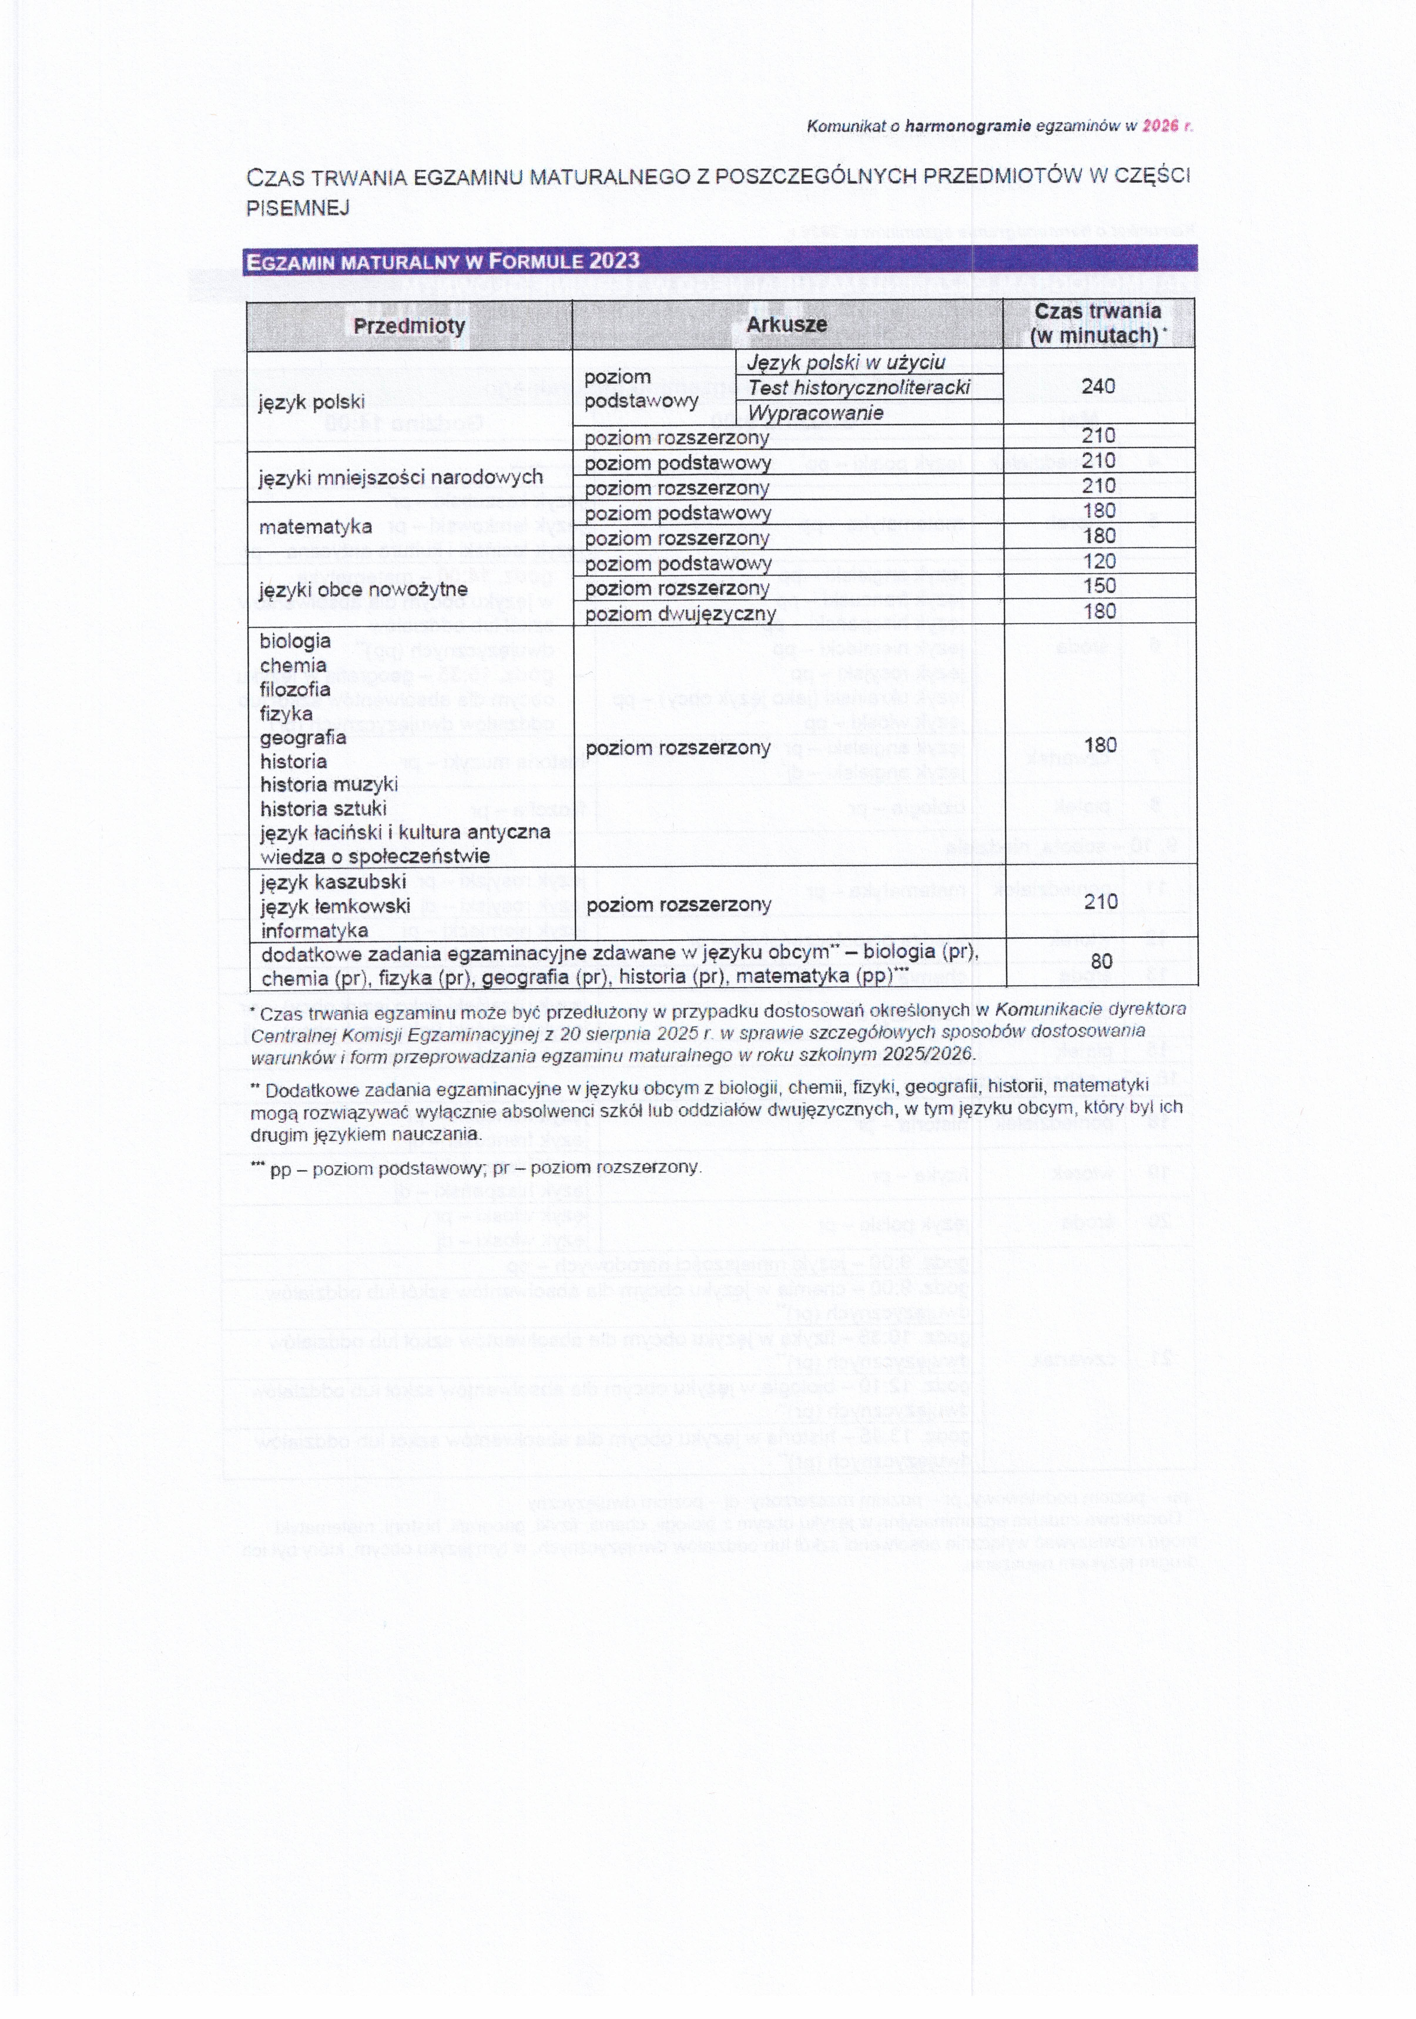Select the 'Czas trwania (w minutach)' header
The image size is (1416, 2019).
click(1097, 324)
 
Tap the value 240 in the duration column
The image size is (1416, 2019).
click(1098, 386)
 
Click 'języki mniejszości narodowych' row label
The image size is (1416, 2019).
click(400, 477)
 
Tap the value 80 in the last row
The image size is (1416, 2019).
click(1101, 961)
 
